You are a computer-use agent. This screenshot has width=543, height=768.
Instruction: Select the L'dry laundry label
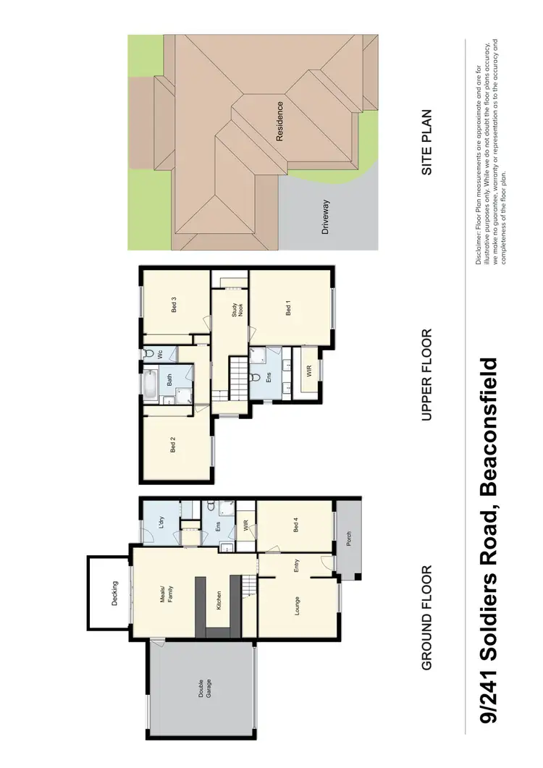click(x=160, y=523)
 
